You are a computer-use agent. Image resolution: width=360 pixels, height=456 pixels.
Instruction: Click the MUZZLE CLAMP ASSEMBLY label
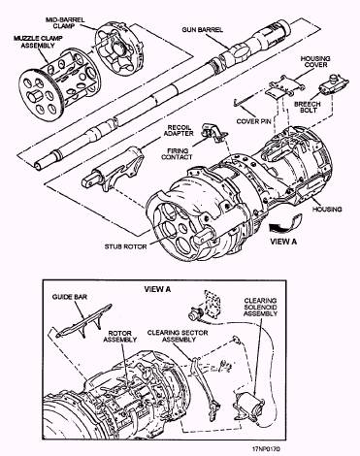tap(38, 42)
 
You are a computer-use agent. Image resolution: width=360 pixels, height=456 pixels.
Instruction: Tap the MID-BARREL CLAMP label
tap(65, 22)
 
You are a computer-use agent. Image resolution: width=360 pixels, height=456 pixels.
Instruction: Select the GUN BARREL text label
tap(203, 30)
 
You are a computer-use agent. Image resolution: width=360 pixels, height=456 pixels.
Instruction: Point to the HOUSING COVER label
tap(315, 62)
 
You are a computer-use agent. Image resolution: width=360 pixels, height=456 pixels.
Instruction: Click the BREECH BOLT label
tap(308, 107)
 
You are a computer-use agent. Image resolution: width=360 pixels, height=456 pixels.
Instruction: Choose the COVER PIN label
tap(253, 121)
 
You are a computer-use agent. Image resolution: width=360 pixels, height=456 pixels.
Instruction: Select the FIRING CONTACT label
tap(177, 153)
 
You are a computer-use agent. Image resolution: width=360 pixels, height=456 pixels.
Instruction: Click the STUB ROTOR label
tap(125, 246)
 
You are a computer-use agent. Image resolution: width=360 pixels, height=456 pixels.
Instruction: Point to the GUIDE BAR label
tap(70, 297)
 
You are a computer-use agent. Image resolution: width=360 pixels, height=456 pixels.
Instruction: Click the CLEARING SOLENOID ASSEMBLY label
tap(260, 308)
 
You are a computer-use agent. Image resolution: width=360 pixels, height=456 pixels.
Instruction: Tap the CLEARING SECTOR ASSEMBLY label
tap(178, 336)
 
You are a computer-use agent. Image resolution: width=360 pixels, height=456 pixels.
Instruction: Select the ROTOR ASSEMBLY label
tap(120, 337)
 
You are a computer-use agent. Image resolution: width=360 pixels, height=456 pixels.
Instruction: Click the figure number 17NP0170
tap(266, 449)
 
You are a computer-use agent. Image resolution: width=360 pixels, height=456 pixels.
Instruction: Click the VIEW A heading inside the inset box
tap(157, 289)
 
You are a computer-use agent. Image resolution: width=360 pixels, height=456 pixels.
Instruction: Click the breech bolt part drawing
tap(334, 84)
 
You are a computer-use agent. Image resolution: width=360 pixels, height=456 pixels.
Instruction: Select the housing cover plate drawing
tap(284, 86)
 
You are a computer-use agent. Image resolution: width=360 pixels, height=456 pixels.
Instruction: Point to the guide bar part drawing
tap(84, 321)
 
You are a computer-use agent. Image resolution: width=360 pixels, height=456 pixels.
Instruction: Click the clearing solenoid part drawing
tap(248, 406)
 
